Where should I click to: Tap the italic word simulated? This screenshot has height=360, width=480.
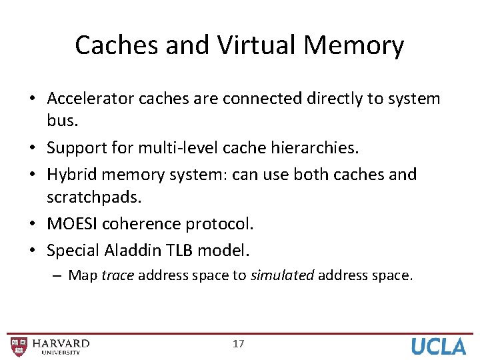pos(282,275)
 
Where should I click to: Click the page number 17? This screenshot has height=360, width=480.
pos(238,344)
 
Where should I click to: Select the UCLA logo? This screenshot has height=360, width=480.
pos(439,346)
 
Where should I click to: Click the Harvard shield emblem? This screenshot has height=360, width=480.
pos(19,346)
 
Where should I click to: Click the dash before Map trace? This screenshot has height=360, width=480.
pos(60,275)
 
